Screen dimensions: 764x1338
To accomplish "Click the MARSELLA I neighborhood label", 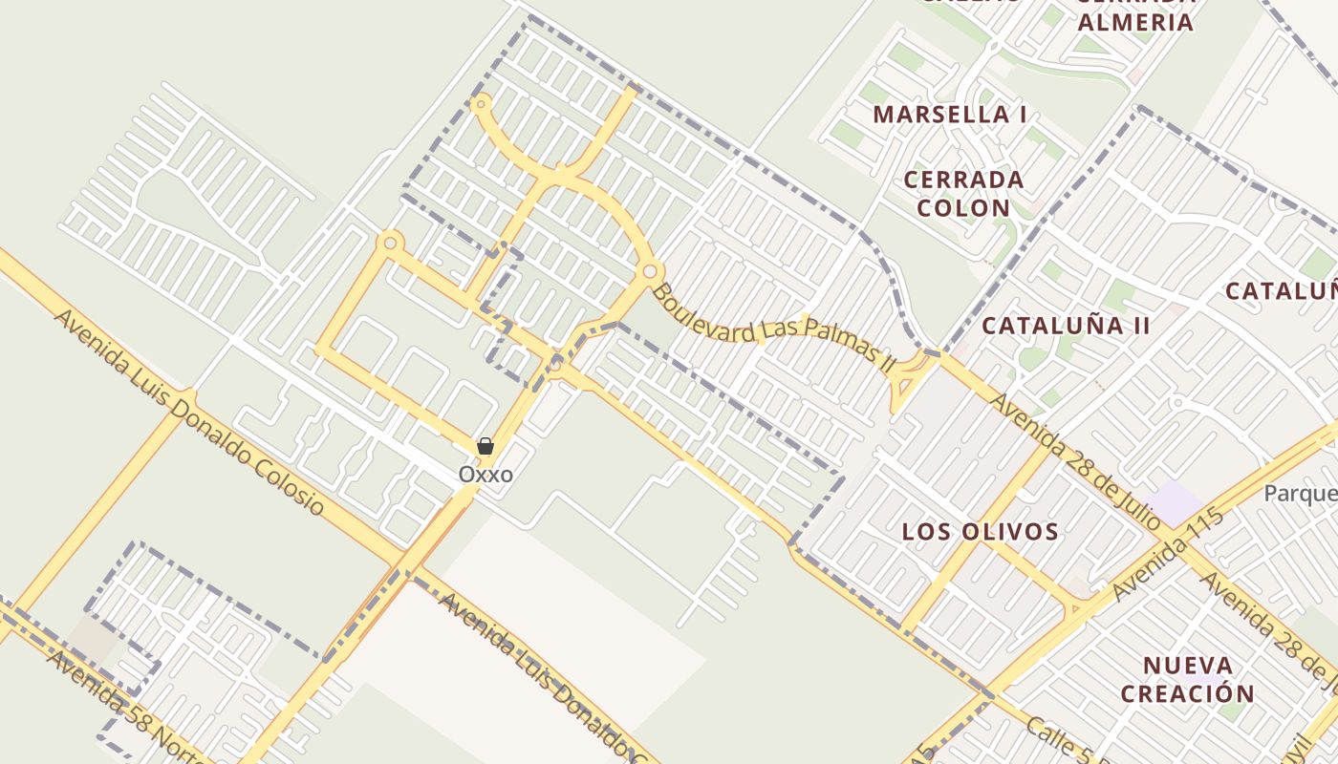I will click(950, 115).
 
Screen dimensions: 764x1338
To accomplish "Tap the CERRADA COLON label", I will click(963, 194).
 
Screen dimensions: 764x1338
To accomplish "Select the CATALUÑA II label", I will click(1066, 326).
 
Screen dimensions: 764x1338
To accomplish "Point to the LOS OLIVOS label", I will click(980, 532).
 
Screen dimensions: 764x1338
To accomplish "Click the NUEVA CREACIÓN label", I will click(1187, 679).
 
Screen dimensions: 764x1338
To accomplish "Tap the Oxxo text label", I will click(486, 475).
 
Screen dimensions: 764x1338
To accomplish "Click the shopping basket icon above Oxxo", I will click(486, 446).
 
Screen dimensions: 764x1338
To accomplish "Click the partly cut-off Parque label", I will click(1300, 494).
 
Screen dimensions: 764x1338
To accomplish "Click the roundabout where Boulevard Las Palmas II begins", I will click(650, 272).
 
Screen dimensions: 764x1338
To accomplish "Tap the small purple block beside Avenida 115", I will click(1176, 502).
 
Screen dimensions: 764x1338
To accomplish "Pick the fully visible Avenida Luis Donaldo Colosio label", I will click(189, 411).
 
